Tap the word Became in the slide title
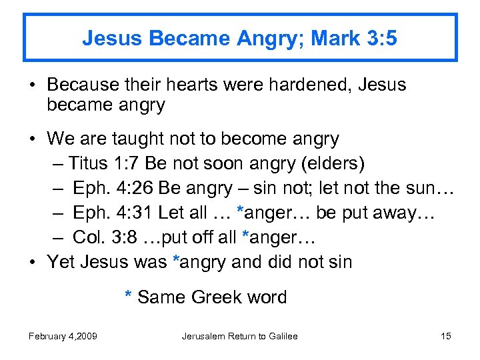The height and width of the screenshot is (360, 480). (183, 38)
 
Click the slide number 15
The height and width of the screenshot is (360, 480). (446, 336)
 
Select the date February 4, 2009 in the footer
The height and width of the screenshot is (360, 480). (63, 336)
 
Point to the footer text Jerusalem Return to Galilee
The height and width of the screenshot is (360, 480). (239, 336)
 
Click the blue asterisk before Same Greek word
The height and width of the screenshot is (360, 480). (129, 298)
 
